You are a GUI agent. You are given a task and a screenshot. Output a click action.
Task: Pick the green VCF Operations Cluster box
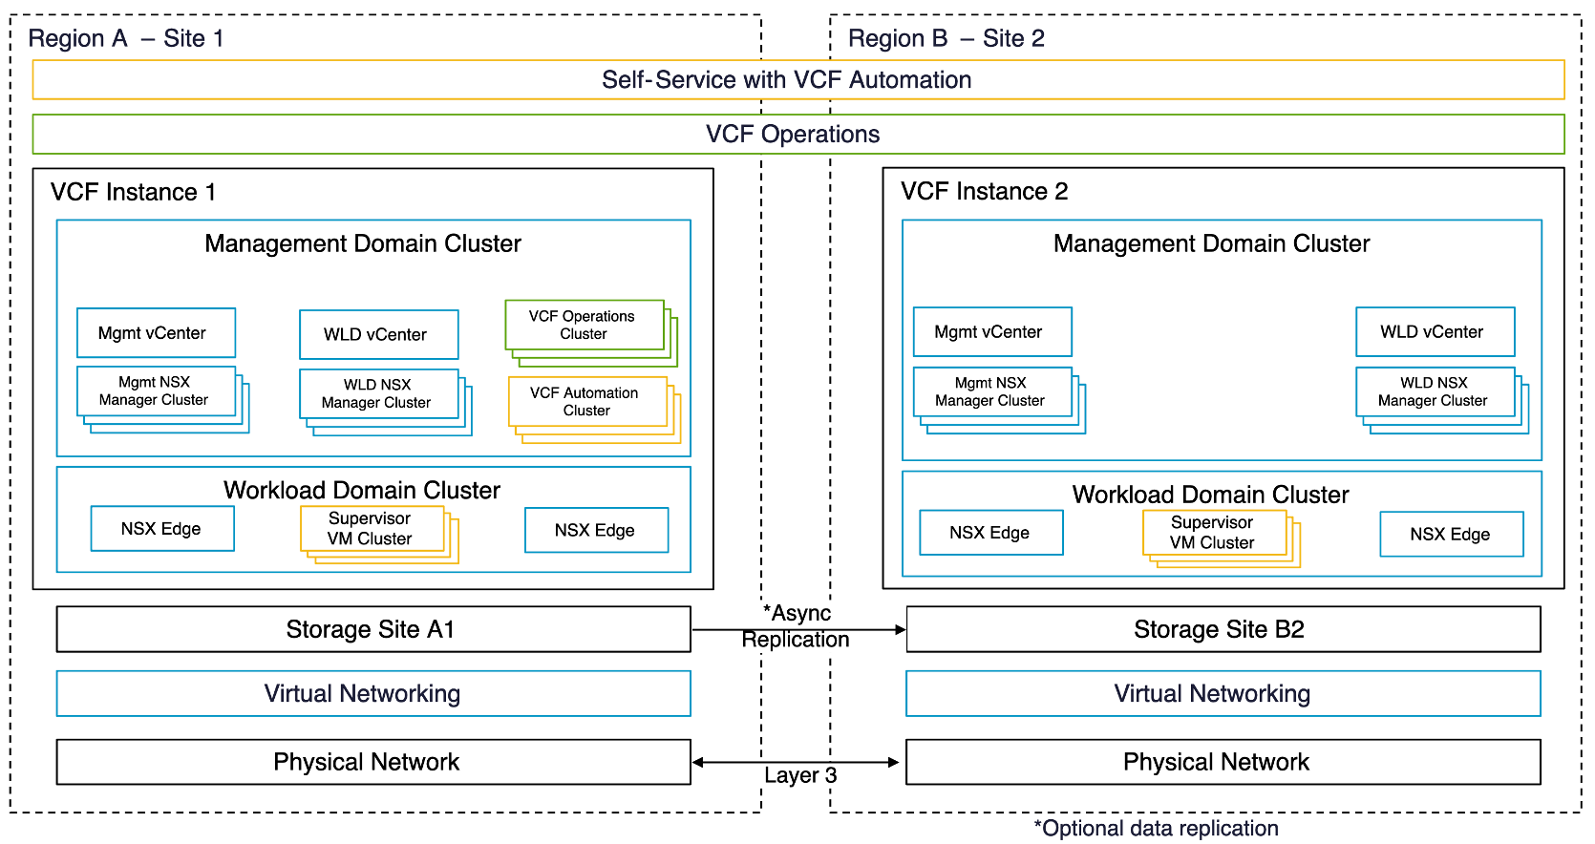click(584, 326)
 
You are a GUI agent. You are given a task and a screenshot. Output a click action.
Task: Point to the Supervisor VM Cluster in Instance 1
click(372, 529)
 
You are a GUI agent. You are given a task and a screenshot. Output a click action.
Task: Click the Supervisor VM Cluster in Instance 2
click(1214, 533)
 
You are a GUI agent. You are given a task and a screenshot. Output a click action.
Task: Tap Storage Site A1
click(372, 630)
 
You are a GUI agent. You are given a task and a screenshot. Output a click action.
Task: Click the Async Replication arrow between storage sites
click(797, 630)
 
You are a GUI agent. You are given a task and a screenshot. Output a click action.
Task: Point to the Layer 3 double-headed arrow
click(796, 762)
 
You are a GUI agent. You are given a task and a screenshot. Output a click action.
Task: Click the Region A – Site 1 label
click(125, 39)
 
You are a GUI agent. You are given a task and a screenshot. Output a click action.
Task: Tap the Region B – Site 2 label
click(946, 39)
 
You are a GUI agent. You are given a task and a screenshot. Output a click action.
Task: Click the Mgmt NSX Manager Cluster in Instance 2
click(991, 392)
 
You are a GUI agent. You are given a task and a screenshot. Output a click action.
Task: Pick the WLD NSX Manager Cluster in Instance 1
click(378, 394)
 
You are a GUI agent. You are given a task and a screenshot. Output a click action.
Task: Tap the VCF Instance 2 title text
click(984, 192)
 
